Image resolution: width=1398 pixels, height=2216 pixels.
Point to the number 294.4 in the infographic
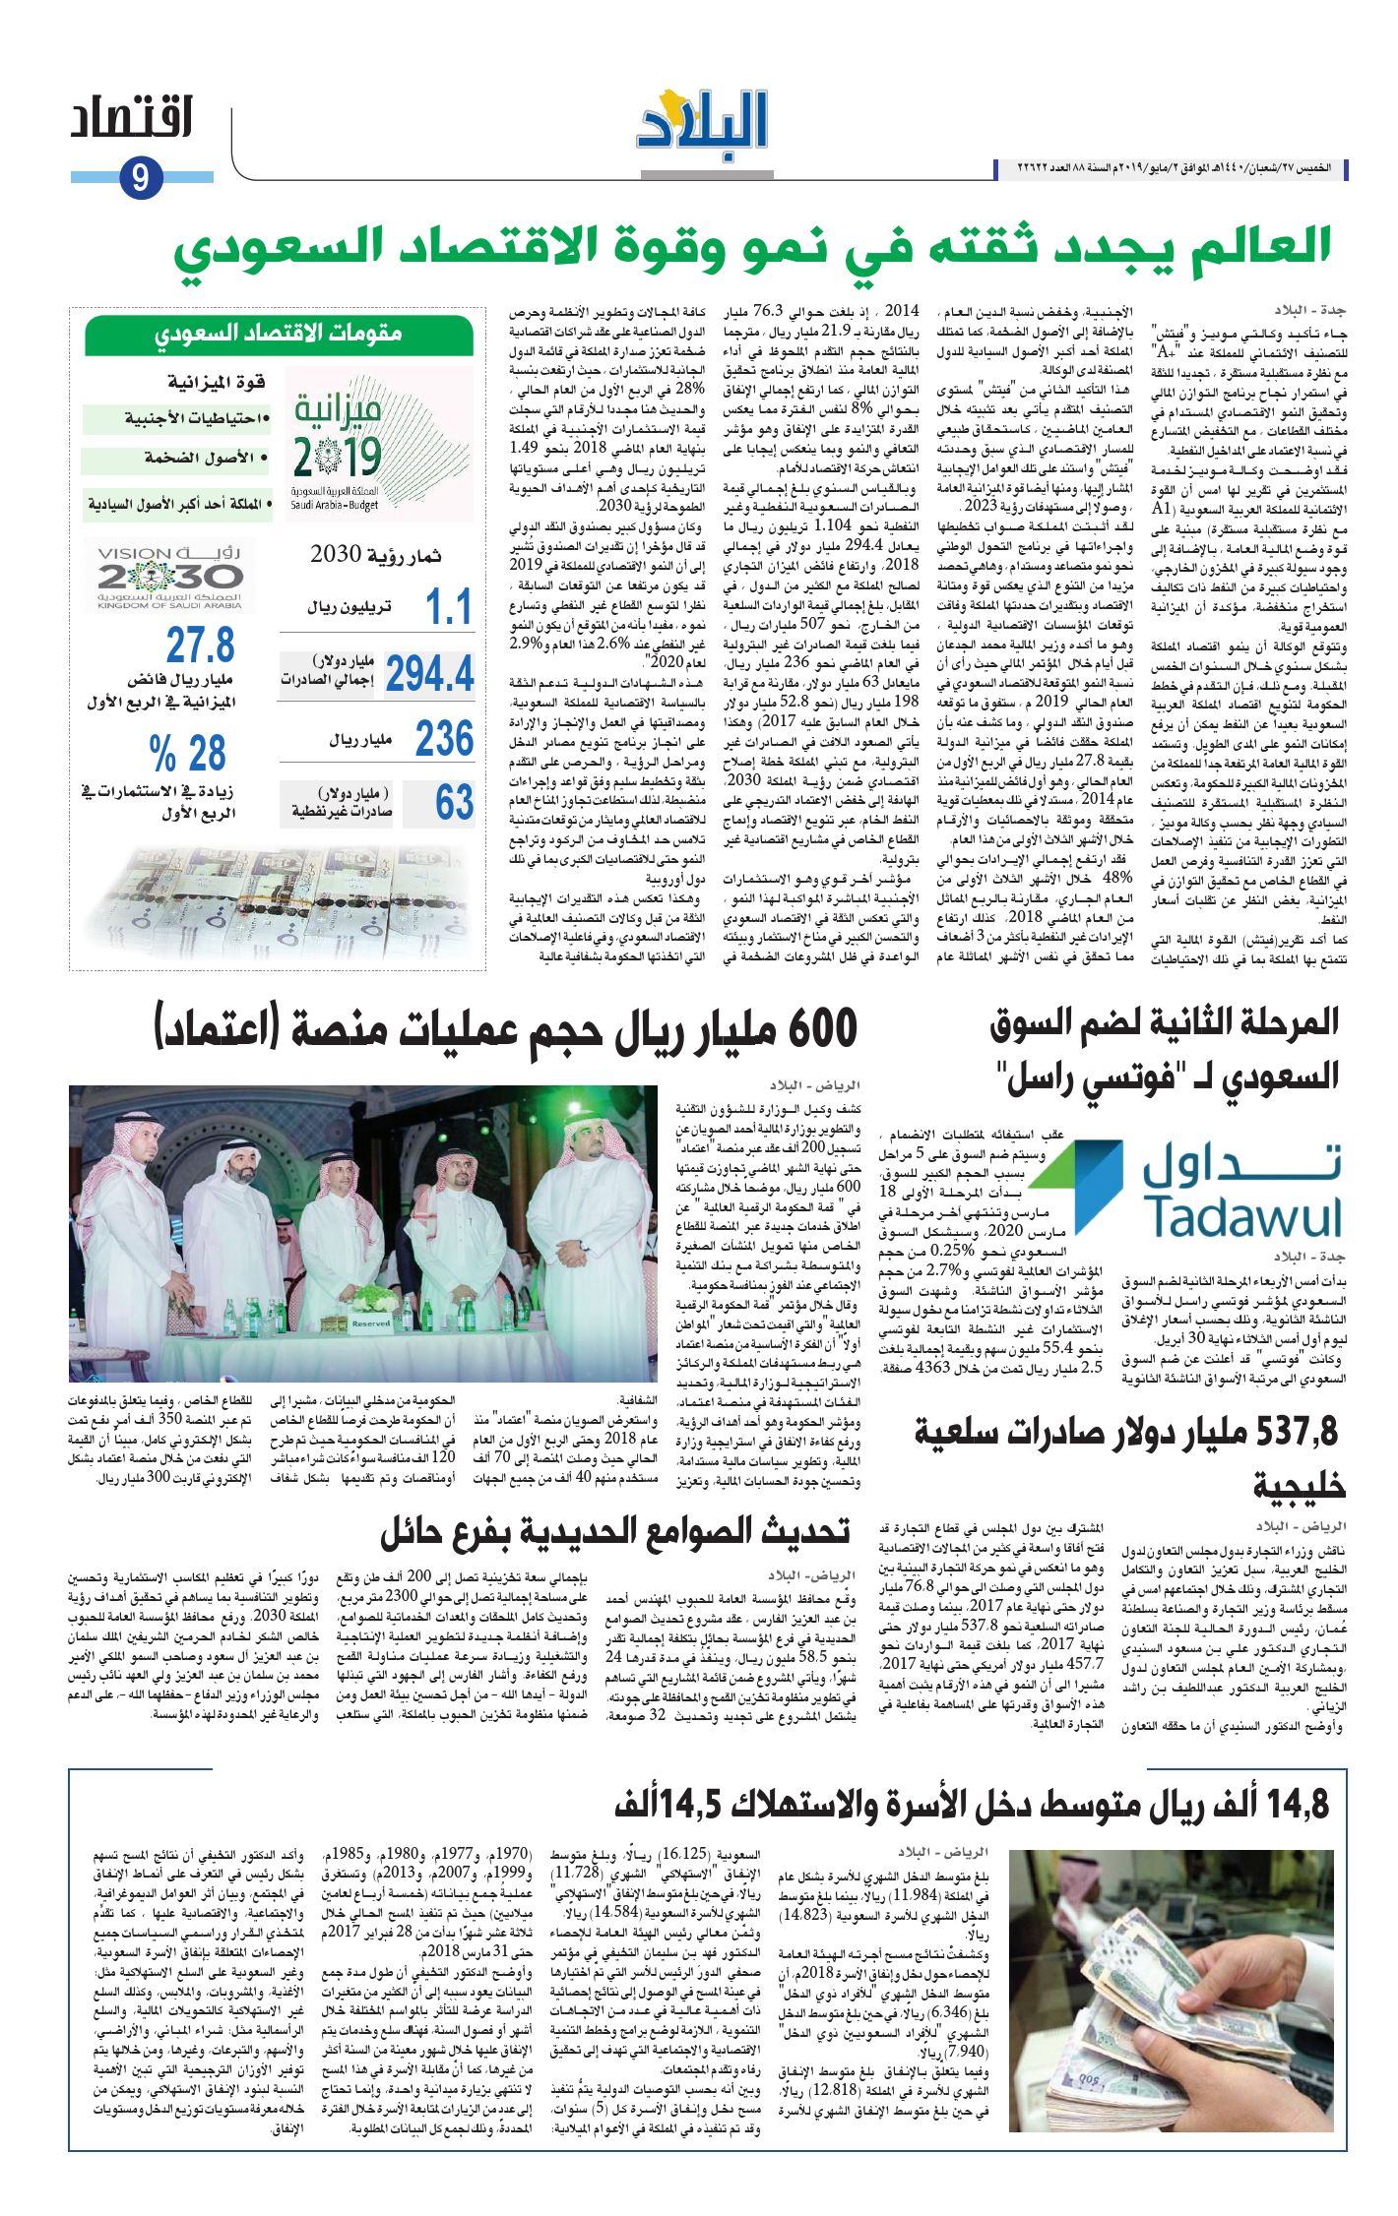[430, 674]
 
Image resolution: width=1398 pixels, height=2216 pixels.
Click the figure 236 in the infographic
[444, 738]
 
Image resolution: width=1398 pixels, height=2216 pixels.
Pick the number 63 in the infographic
[454, 802]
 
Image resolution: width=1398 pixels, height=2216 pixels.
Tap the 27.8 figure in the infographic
[200, 646]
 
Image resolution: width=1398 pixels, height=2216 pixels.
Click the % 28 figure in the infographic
[188, 754]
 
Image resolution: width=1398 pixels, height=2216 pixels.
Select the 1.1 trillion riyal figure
[448, 607]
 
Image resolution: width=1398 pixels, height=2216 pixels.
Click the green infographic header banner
[280, 334]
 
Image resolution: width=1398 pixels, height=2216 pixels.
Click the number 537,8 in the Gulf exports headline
[1299, 1433]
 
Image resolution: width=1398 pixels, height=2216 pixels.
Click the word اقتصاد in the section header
[131, 120]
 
